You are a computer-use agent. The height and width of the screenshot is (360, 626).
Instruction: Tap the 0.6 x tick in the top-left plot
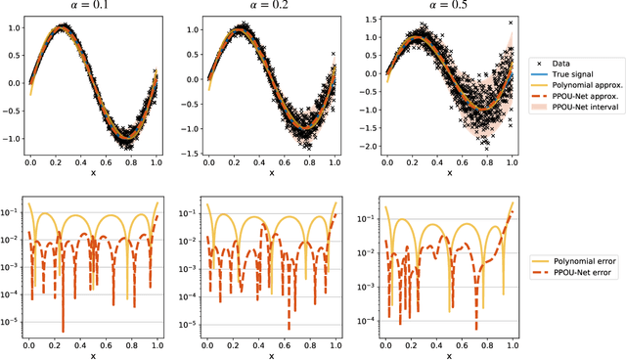[x=109, y=164]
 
